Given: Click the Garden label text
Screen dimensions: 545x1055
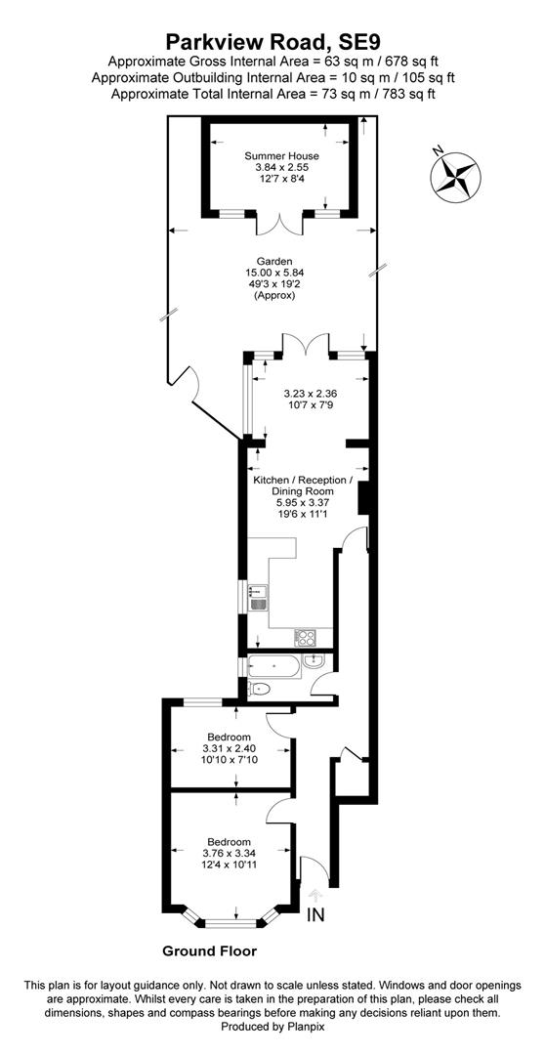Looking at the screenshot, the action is tap(273, 262).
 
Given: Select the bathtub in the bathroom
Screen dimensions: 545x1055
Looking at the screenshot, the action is tap(273, 666).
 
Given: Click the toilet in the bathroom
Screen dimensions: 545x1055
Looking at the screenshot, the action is tap(259, 690).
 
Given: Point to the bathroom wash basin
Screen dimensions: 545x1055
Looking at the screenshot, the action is tap(314, 662).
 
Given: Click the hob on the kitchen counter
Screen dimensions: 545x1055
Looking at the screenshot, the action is tap(305, 637).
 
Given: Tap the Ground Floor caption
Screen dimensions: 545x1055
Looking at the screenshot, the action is tap(209, 951).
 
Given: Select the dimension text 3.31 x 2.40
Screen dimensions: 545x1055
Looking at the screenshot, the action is tap(230, 748).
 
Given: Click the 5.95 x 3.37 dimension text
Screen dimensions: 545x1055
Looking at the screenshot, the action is tap(302, 503).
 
